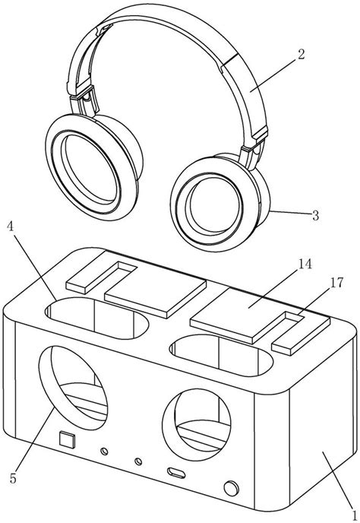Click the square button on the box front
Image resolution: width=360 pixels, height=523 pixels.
pyautogui.click(x=65, y=439)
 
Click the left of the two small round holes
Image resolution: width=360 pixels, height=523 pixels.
pyautogui.click(x=103, y=452)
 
